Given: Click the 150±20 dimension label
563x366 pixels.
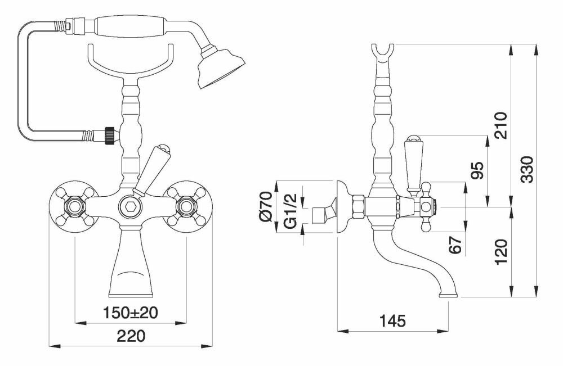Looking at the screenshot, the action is coord(131,313).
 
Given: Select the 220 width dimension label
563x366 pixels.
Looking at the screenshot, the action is coord(131,336).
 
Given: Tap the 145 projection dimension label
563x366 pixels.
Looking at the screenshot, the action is coord(392,321).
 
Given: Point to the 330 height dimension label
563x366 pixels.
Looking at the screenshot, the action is coord(527,169).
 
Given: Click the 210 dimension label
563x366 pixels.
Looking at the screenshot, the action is coord(501,125).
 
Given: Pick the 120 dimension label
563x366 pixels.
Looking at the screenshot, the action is coord(501,252).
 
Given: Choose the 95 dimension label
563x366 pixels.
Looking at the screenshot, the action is coord(477,170).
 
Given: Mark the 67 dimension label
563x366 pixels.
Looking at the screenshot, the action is coord(455,245).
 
